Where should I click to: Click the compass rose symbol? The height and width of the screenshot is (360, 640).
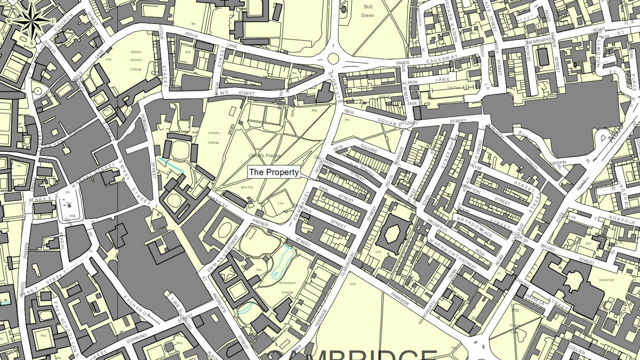click(x=31, y=21)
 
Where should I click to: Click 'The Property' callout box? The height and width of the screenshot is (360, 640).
click(x=274, y=172)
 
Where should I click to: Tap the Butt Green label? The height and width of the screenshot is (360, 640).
click(x=368, y=11)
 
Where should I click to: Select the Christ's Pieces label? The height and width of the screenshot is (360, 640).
click(x=264, y=156)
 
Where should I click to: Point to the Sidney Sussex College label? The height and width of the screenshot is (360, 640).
click(x=136, y=60)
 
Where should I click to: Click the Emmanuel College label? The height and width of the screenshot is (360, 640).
click(x=287, y=287)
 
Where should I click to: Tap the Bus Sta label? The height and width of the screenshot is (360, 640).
click(x=247, y=187)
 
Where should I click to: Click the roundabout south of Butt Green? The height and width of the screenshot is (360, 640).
click(x=333, y=59)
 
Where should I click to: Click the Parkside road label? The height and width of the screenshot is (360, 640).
click(x=400, y=299)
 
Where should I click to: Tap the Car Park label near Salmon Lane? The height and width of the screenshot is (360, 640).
click(x=454, y=88)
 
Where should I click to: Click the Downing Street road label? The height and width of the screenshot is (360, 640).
click(x=137, y=338)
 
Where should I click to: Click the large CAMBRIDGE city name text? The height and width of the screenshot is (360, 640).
click(x=352, y=354)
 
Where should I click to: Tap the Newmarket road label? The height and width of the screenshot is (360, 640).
click(x=540, y=41)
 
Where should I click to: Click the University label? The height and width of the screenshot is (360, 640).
click(x=606, y=280)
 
